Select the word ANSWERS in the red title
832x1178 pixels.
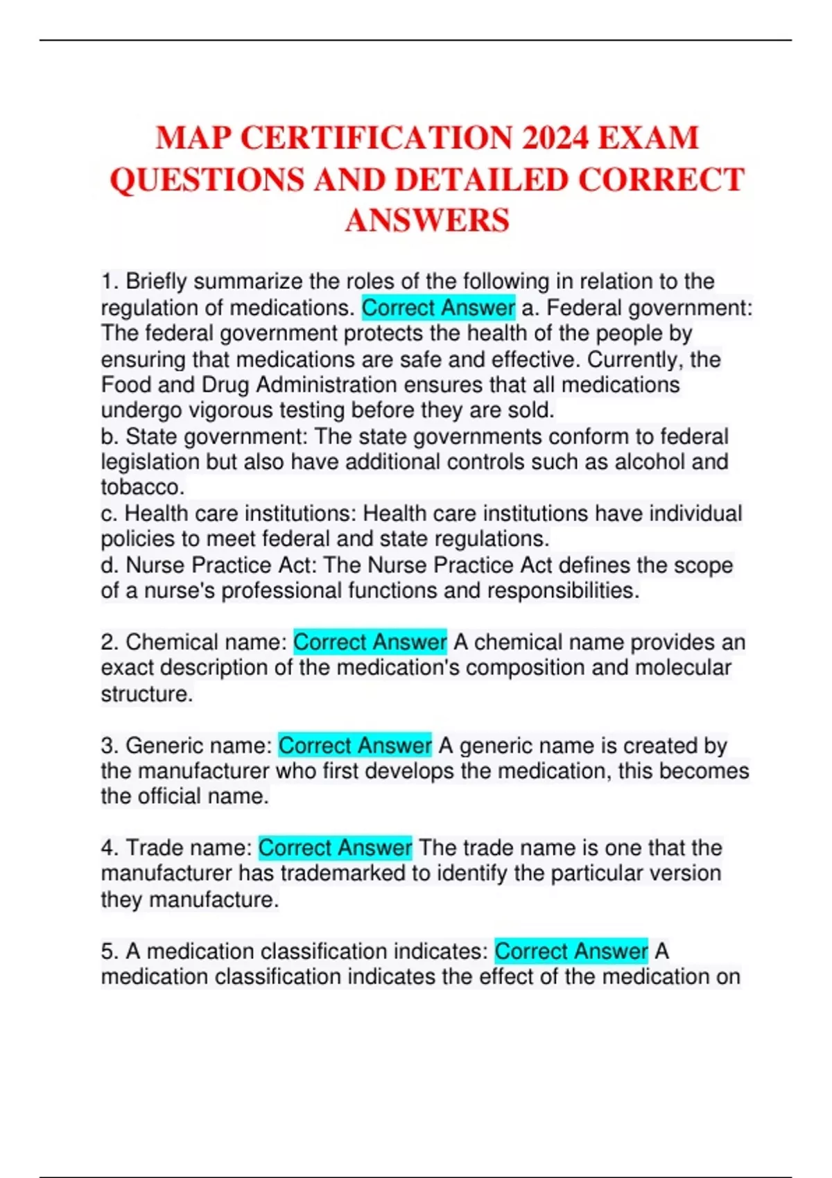point(427,220)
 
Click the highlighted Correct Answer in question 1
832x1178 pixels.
point(438,307)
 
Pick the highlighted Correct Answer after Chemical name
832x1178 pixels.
point(370,642)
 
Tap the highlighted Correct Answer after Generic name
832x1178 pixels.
point(355,745)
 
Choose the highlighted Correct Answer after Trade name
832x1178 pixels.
point(336,847)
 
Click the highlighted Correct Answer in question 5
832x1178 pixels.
point(571,951)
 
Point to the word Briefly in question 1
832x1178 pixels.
point(157,281)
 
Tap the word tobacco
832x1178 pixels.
point(142,487)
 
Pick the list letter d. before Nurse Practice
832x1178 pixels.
point(109,565)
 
